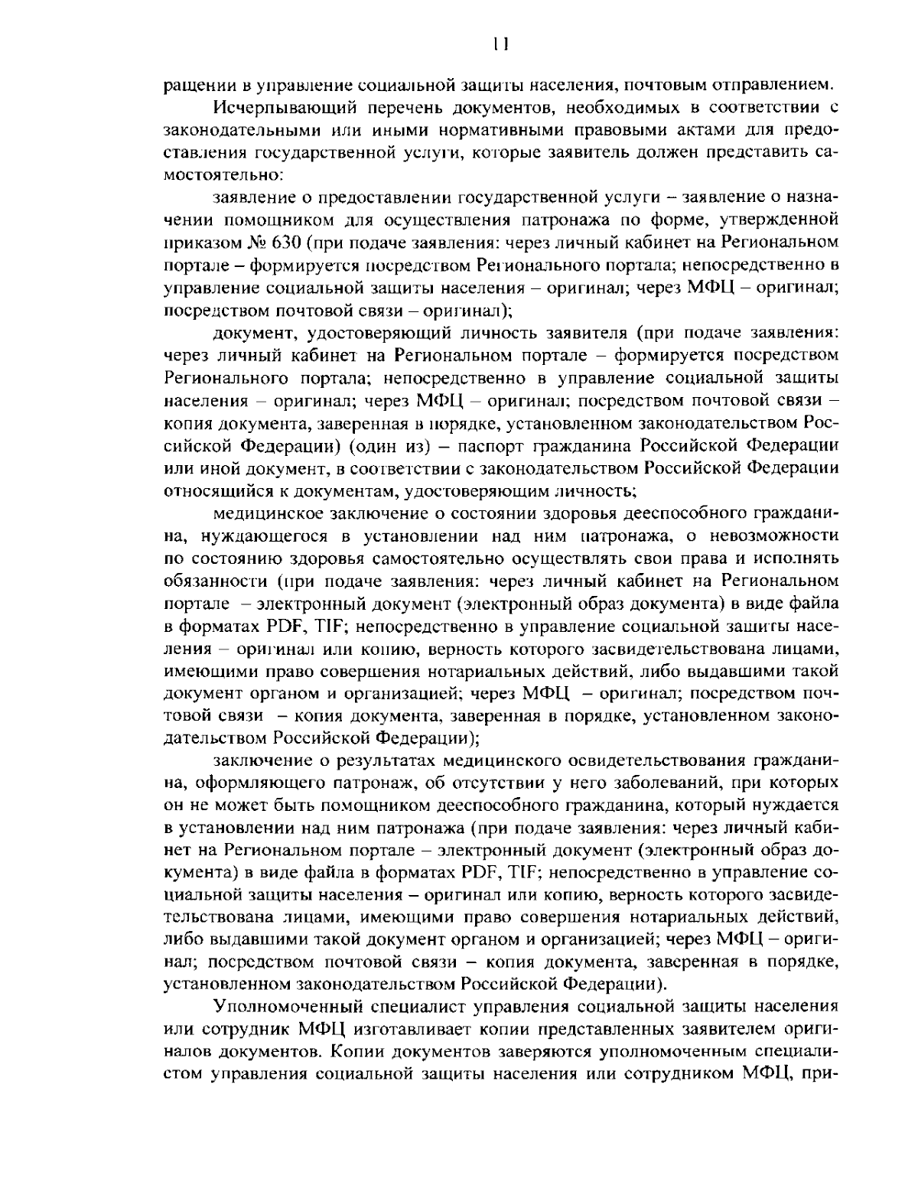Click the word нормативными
click(x=428, y=128)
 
